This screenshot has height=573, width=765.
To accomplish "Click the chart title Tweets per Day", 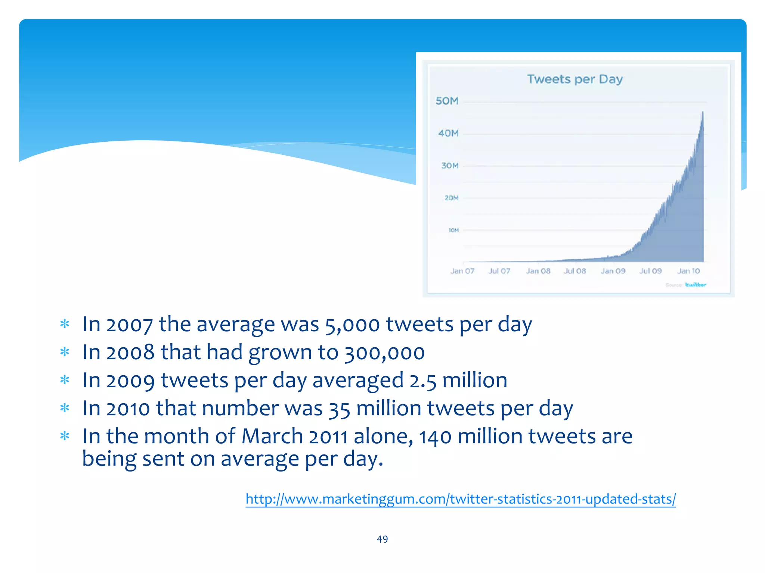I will click(x=575, y=79).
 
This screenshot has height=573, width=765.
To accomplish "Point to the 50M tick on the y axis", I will click(x=447, y=101).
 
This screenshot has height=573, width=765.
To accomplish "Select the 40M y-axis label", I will click(x=448, y=133).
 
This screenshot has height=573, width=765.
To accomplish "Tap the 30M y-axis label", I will click(x=450, y=166).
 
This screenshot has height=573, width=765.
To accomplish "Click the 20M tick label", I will click(x=451, y=198).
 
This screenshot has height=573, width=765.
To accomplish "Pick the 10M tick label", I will click(x=453, y=230).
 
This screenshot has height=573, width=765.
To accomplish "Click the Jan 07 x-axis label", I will click(x=462, y=271).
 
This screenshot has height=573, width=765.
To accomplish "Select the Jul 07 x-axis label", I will click(x=499, y=271).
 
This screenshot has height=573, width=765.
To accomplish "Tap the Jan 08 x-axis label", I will click(x=538, y=271).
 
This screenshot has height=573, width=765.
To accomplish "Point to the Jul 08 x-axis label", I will click(x=575, y=271).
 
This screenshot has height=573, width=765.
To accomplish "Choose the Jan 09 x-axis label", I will click(x=613, y=271).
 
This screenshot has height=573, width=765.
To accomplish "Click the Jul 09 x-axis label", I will click(x=650, y=271).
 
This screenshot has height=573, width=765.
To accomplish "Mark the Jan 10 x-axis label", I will click(x=688, y=271).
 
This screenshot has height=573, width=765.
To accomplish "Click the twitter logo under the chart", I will click(x=696, y=285).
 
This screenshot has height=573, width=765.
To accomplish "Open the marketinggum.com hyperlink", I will click(x=461, y=499).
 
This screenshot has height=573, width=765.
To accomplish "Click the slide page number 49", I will click(x=382, y=539).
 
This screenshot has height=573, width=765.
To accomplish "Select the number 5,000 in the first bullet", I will click(x=353, y=325).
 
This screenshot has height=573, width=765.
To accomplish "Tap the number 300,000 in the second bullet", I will click(x=384, y=353).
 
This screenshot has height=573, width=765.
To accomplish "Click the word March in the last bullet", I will click(x=272, y=436).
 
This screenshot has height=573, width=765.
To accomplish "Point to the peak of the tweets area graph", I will click(x=703, y=112).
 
